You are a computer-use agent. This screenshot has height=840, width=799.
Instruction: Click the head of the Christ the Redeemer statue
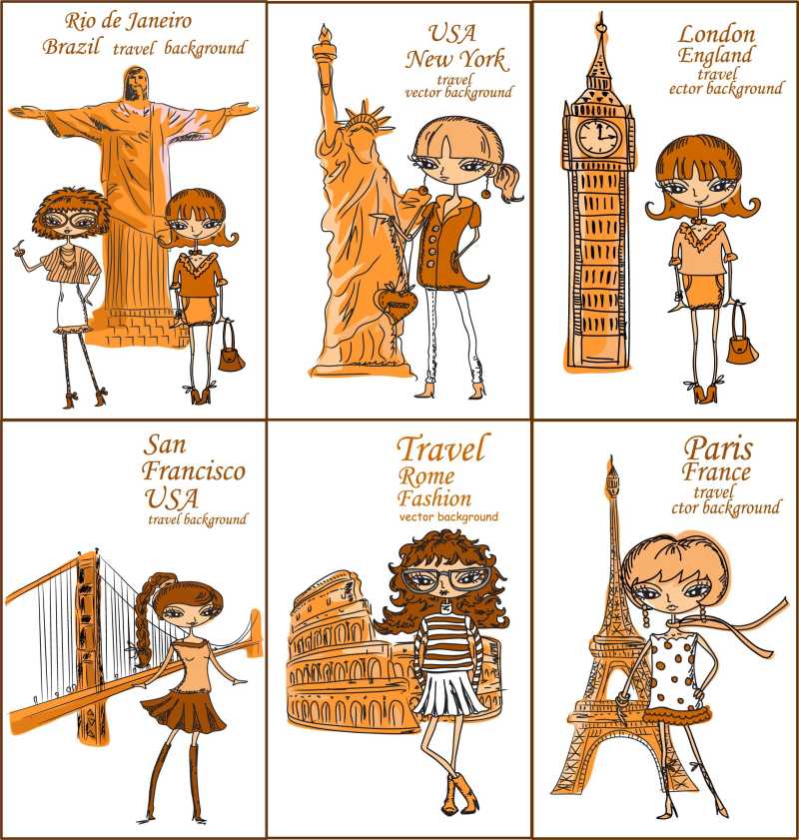(135, 83)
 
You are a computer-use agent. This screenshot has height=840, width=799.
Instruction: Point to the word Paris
(718, 448)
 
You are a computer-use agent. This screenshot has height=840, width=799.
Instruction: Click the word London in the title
(717, 35)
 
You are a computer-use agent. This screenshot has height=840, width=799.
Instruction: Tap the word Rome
(426, 475)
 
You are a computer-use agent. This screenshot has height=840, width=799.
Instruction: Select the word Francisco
(194, 470)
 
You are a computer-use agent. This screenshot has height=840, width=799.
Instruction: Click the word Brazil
(71, 47)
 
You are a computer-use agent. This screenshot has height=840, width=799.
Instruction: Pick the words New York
(455, 59)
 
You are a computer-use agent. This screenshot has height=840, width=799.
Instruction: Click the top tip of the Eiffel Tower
(611, 457)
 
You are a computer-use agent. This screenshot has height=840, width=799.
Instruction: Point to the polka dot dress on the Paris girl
(674, 671)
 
